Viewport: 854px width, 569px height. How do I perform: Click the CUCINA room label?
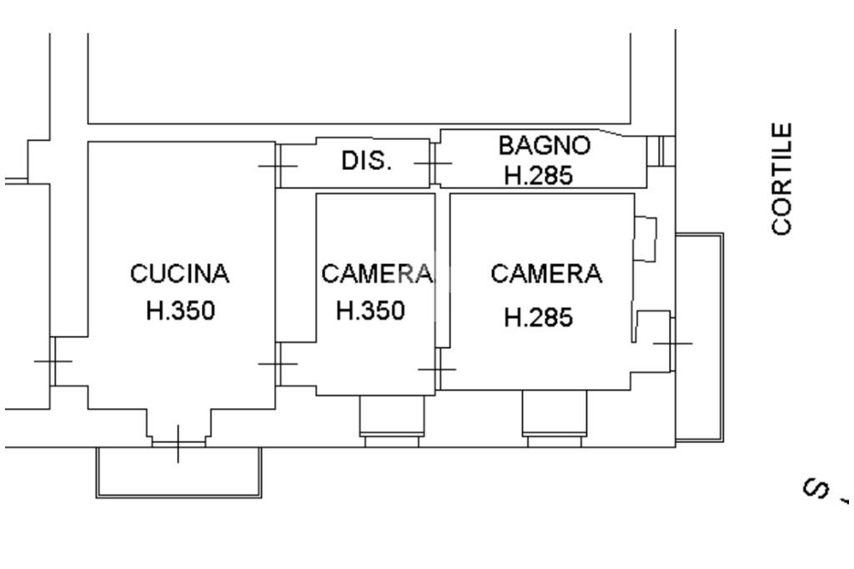(179, 273)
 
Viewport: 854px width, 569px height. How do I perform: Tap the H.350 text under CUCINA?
(180, 311)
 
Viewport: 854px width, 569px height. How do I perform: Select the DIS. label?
(366, 161)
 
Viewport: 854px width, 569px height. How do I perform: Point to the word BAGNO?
(544, 145)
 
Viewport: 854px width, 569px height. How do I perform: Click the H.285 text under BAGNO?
(538, 176)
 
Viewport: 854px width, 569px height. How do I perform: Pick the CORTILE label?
(782, 179)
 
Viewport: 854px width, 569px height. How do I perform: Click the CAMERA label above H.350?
(377, 273)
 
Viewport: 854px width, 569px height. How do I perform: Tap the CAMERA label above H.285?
(545, 273)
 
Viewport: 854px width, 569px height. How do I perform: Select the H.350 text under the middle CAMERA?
(370, 311)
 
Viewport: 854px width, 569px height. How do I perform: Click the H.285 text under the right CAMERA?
(539, 317)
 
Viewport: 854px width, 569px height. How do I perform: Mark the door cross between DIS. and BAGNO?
(433, 163)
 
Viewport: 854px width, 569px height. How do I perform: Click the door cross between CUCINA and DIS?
(278, 165)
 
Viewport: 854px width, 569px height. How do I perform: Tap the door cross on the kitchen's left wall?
(53, 361)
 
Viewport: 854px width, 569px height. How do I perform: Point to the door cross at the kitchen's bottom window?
(178, 443)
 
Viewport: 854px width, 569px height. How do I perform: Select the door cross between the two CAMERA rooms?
(437, 368)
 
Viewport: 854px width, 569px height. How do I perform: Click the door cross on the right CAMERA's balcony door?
(672, 342)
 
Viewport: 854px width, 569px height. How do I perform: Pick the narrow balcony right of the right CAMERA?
(699, 337)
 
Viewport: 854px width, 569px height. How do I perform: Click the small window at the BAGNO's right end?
(661, 150)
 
